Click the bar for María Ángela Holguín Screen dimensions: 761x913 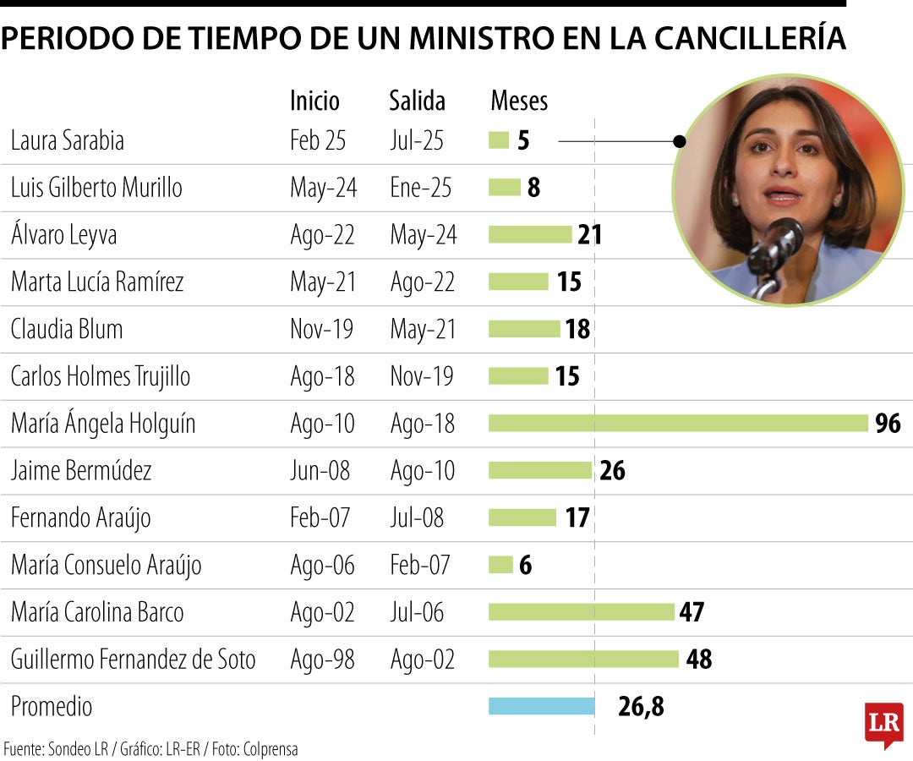(678, 423)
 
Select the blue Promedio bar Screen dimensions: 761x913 (541, 706)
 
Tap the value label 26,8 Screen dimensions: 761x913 (641, 707)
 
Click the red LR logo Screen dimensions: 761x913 (883, 724)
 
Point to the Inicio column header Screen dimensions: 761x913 (314, 101)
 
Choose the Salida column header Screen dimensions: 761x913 (417, 101)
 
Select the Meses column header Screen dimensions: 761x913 (519, 101)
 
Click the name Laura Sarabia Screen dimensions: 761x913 (68, 140)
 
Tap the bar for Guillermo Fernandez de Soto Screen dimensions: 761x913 (583, 659)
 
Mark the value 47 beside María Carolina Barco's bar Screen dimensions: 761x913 (692, 611)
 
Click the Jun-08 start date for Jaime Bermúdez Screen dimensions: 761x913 (320, 470)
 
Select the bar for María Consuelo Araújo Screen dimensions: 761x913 (500, 565)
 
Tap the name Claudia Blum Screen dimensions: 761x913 (67, 329)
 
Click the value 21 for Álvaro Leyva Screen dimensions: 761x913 (589, 234)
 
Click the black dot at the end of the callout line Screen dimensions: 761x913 (679, 141)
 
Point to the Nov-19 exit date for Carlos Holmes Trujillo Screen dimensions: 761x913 (422, 376)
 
